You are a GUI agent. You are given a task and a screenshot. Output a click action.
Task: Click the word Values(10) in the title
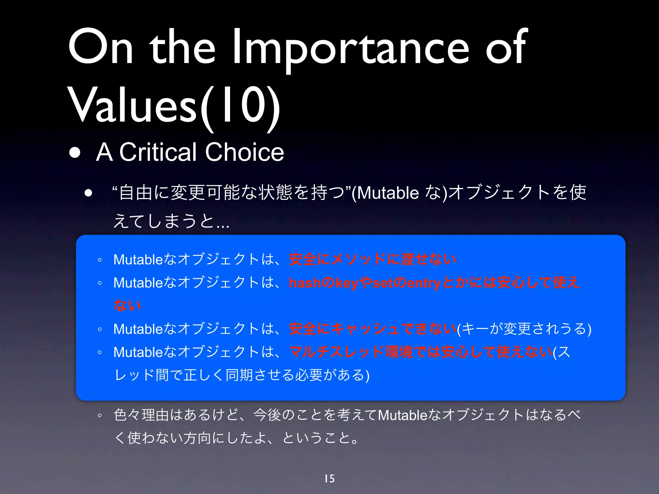click(174, 106)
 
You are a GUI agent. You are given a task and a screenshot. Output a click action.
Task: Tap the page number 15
click(329, 479)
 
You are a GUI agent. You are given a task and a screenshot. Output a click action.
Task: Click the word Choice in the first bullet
click(245, 152)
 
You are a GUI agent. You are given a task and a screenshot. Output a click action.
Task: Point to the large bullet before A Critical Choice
click(75, 152)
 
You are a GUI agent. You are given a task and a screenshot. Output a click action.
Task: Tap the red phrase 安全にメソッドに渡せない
click(372, 259)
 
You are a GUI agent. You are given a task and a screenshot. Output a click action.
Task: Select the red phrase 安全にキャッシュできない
click(372, 329)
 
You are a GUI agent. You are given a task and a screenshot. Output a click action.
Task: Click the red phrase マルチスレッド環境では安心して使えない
click(421, 352)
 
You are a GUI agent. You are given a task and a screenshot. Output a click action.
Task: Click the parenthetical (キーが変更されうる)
click(524, 329)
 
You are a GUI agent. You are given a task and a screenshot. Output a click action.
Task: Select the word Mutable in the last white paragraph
click(402, 415)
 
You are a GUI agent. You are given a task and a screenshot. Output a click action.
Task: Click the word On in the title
click(100, 48)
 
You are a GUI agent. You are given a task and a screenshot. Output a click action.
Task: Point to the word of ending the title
click(506, 48)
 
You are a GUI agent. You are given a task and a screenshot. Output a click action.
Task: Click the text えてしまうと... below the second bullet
click(171, 221)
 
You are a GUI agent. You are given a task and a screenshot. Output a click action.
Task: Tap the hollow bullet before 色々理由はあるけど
click(100, 416)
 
